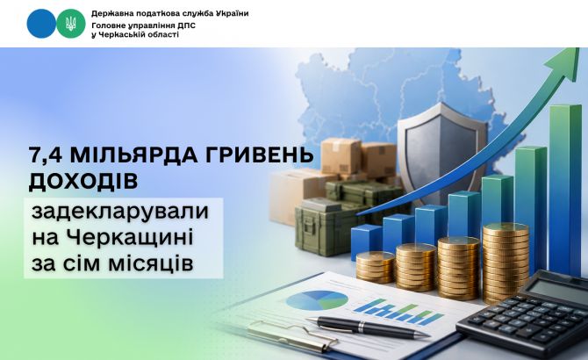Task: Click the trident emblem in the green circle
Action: pos(70,24)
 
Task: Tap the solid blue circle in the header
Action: pos(41,24)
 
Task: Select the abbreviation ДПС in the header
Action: pos(186,25)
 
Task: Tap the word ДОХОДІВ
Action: pos(83,181)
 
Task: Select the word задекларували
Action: pos(120,212)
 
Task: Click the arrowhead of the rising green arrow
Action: pos(562,65)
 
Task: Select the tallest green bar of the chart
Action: pos(565,191)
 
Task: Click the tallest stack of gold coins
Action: pos(506,263)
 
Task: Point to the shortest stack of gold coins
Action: pos(376,267)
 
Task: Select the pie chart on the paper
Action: pos(317,300)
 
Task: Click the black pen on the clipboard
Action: pos(368,327)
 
